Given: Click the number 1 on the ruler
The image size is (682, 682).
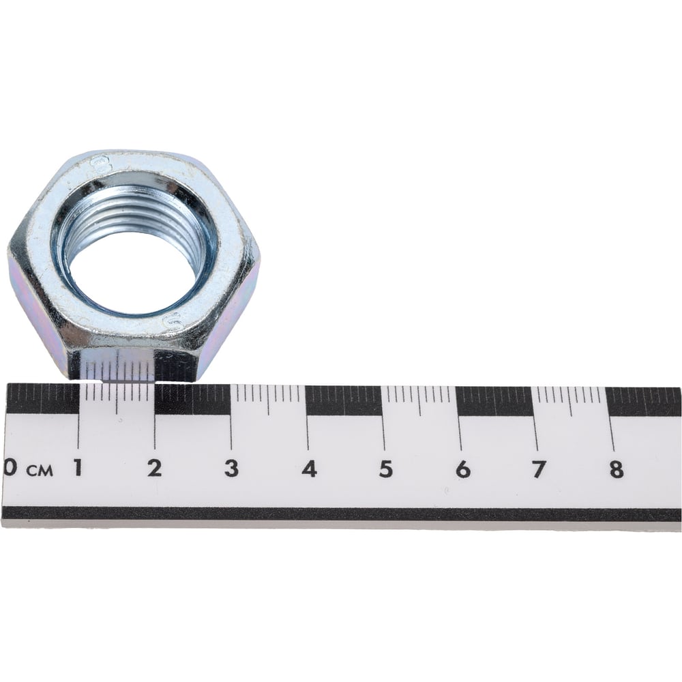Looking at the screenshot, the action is click(x=78, y=468).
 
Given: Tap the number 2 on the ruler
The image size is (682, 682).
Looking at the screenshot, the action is click(x=154, y=468).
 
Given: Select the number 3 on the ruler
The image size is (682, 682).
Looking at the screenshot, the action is click(x=231, y=469).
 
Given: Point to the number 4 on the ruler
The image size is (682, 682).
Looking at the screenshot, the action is click(x=309, y=469).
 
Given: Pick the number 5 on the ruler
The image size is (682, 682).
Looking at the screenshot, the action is click(x=386, y=469).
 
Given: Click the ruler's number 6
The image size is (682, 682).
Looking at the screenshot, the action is click(x=463, y=470).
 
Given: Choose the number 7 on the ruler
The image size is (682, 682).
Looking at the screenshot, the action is click(x=539, y=470).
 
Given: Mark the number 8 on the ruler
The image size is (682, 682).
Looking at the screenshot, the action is click(x=617, y=471).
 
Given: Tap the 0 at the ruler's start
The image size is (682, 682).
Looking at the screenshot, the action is click(x=9, y=467).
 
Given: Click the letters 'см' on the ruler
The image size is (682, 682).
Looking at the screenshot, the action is click(x=40, y=470).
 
